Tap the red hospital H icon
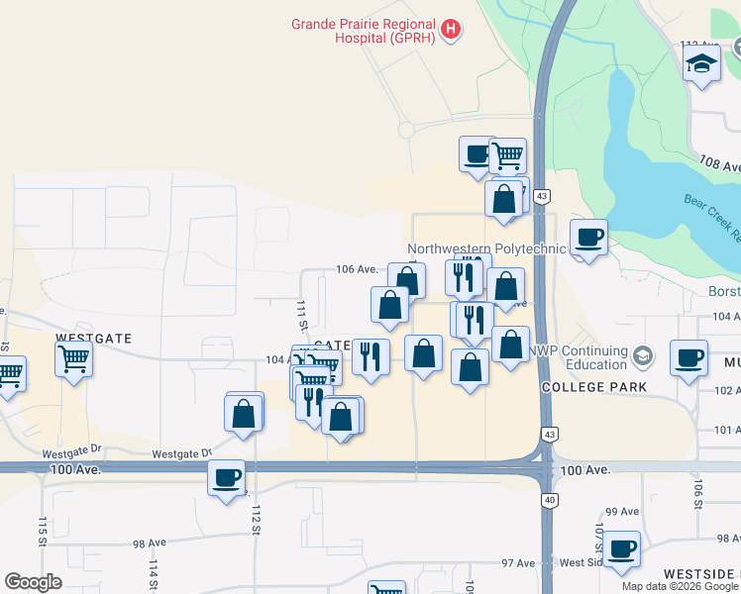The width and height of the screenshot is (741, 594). [452, 30]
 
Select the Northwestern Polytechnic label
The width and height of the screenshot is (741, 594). [485, 248]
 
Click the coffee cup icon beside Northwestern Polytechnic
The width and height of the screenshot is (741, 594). [588, 238]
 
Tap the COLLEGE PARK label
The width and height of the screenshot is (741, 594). [594, 387]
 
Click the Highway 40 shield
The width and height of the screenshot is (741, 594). [549, 501]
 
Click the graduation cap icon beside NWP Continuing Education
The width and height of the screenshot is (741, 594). [644, 354]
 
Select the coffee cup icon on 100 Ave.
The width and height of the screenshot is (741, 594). [226, 478]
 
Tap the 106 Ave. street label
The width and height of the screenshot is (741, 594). [358, 269]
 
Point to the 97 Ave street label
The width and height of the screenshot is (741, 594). [517, 563]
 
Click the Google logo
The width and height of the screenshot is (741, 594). [34, 582]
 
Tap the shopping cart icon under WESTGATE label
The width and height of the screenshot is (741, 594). [74, 360]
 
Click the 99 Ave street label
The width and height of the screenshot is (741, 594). [622, 511]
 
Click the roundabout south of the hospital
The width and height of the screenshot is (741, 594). [406, 130]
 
